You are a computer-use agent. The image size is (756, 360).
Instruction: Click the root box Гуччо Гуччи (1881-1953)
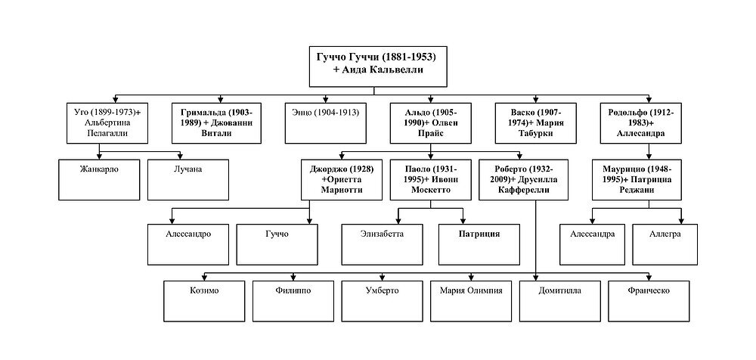[x=378, y=67]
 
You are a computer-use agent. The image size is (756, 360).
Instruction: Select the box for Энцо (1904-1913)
[x=325, y=123]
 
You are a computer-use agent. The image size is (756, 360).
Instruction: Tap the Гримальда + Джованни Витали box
[x=216, y=123]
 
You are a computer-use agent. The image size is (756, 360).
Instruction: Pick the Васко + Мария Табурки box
[x=536, y=123]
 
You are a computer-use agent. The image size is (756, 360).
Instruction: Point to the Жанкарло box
[x=99, y=179]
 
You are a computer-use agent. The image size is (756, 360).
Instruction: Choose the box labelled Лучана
[x=188, y=179]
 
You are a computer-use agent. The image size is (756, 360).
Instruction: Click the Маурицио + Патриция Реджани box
[x=637, y=179]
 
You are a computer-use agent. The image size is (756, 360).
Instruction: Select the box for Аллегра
[x=665, y=244]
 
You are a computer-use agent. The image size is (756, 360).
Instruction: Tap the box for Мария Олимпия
[x=471, y=301]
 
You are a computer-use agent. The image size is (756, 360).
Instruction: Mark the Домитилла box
[x=559, y=301]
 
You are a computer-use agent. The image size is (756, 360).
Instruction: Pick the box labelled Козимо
[x=204, y=301]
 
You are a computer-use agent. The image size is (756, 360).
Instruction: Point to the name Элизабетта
[x=382, y=234]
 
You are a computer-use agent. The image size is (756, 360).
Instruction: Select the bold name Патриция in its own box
[x=479, y=234]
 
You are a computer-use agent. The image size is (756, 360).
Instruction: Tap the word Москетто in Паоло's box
[x=431, y=190]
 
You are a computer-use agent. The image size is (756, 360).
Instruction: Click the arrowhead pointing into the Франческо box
[x=649, y=278]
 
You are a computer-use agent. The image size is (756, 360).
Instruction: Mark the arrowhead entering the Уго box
[x=116, y=100]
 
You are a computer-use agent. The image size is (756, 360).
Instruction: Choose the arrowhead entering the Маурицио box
[x=649, y=157]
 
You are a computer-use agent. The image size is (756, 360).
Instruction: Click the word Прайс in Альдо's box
[x=431, y=134]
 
